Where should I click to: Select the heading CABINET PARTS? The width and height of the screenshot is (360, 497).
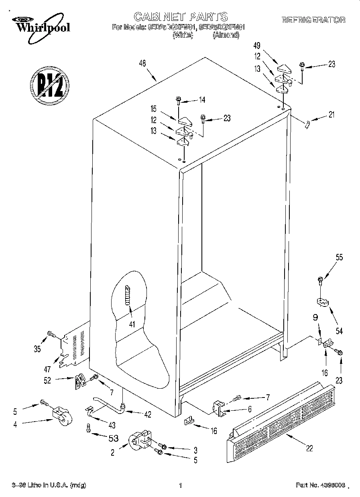click(180, 16)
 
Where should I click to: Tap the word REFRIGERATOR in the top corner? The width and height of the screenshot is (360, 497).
click(313, 20)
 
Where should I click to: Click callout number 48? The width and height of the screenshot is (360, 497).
click(142, 63)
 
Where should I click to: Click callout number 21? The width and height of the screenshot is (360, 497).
click(331, 115)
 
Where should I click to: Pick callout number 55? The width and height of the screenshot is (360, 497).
click(339, 258)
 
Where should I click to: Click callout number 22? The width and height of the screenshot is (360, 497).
click(309, 448)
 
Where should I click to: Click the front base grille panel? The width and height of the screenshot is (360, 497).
click(281, 421)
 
